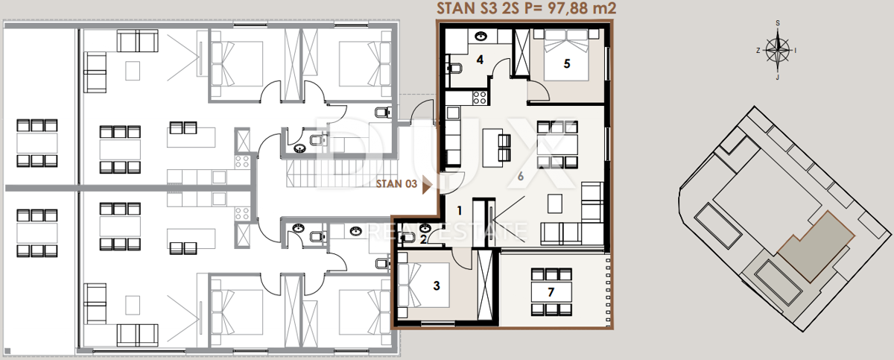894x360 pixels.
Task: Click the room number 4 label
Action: (x=480, y=60)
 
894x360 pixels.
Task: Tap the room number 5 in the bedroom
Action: (x=567, y=63)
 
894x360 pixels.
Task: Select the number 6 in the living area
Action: (x=521, y=176)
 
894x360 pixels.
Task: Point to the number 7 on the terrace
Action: (x=551, y=292)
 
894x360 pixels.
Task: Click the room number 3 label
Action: (x=437, y=285)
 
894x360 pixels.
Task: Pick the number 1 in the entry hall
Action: (x=460, y=210)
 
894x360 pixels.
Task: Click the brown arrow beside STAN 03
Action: (x=428, y=185)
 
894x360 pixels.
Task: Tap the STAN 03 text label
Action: (x=396, y=183)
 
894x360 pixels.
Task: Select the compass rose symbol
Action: (x=778, y=50)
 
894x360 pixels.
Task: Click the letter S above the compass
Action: (x=778, y=23)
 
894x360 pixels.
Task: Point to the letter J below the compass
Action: (x=778, y=78)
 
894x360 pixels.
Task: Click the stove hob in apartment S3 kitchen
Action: (x=479, y=98)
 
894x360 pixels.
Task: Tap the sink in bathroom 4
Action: (x=481, y=37)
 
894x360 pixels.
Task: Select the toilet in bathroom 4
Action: (x=454, y=69)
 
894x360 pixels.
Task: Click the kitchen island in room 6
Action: (x=492, y=148)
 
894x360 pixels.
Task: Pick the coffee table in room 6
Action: (x=555, y=203)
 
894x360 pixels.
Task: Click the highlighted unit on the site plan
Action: (x=815, y=247)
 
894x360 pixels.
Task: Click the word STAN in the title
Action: (x=455, y=8)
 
